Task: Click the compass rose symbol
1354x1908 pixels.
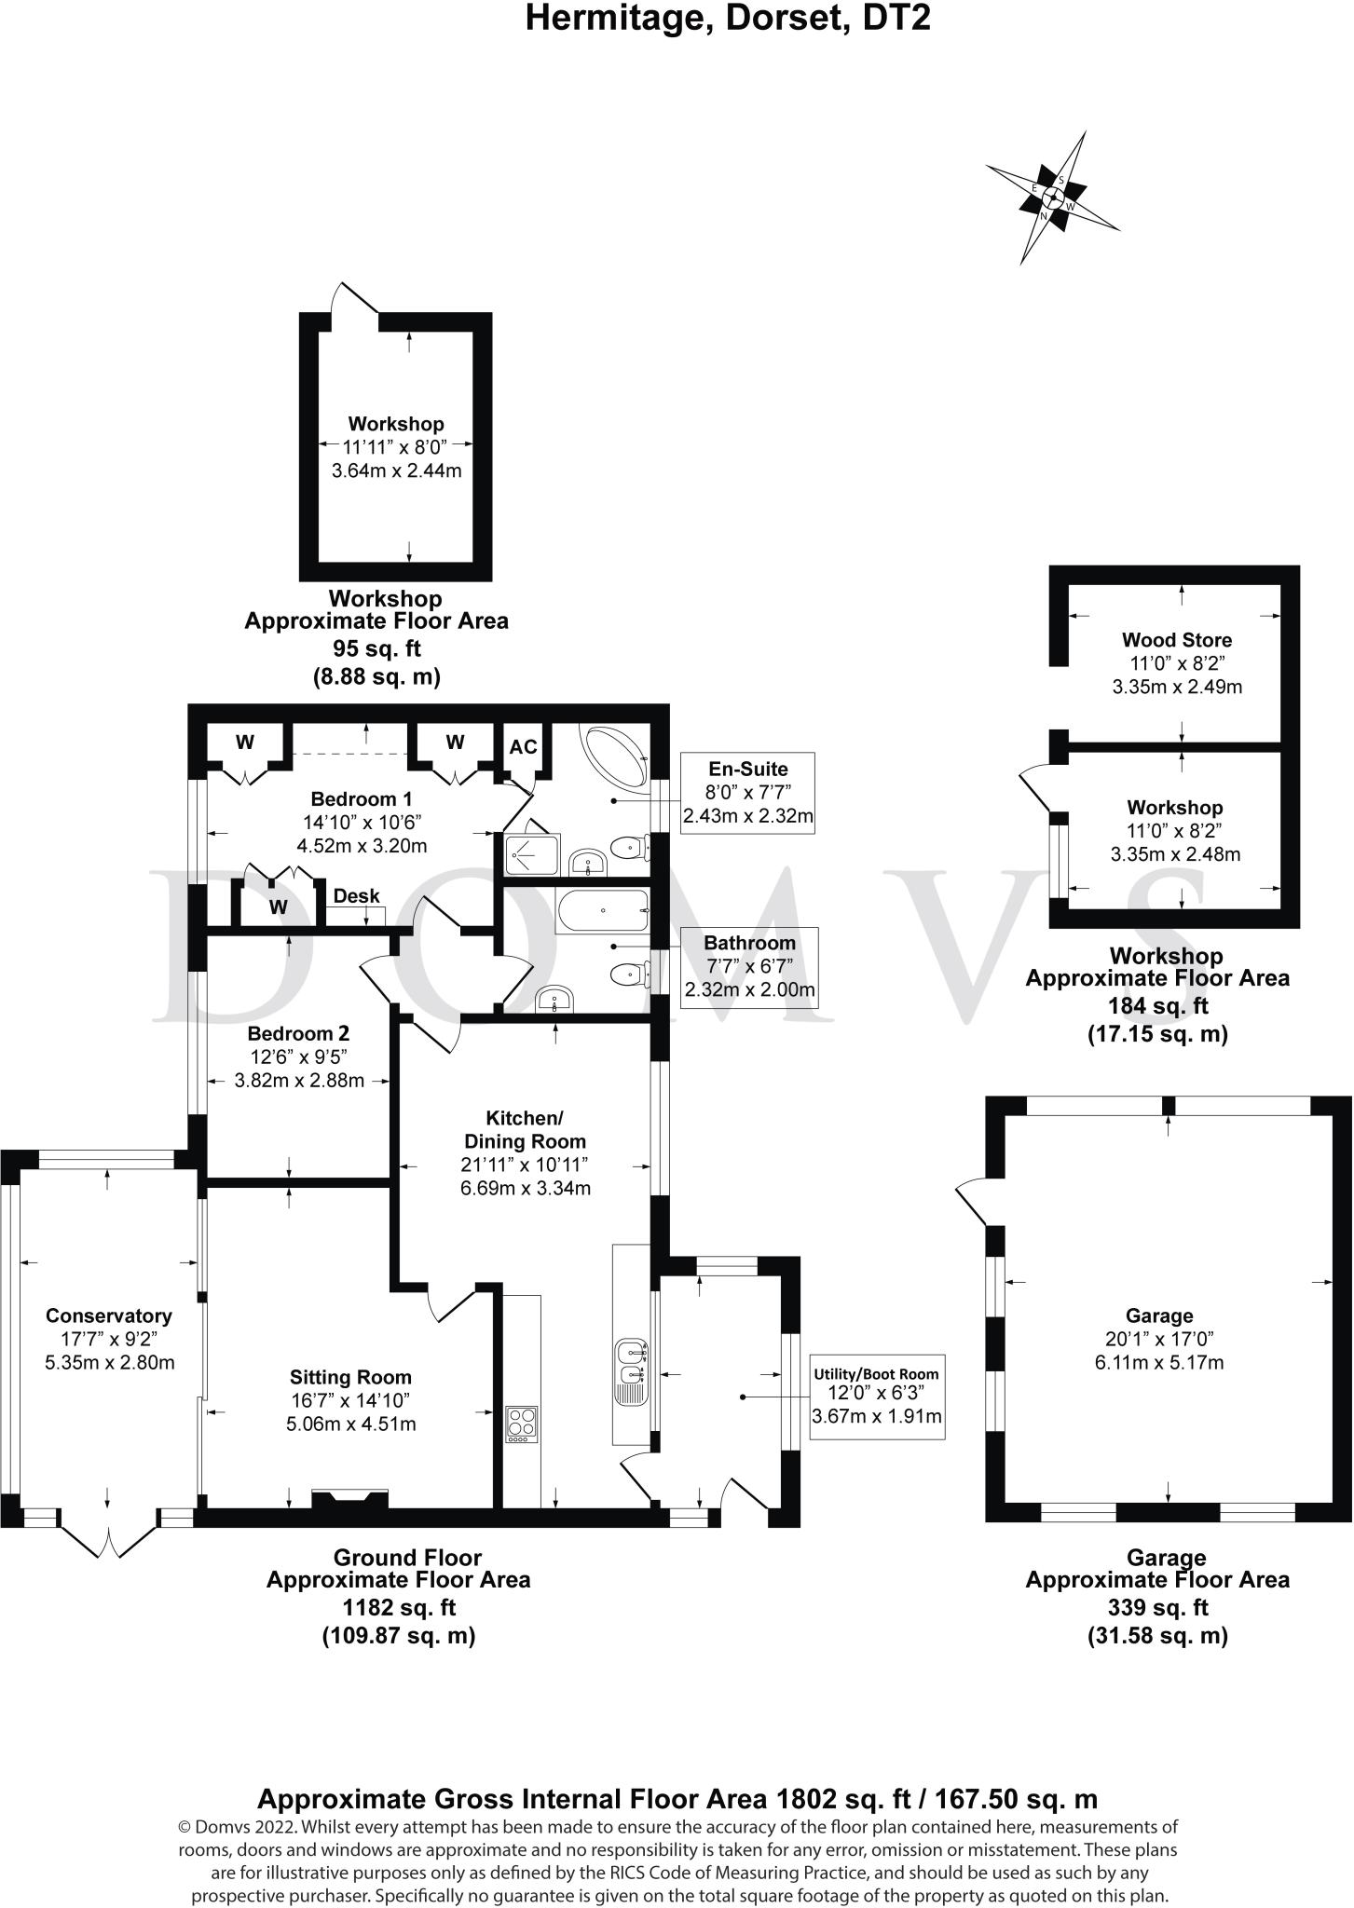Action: click(x=1053, y=197)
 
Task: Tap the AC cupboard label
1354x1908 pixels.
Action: click(x=523, y=747)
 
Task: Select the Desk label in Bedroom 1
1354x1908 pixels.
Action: click(x=357, y=895)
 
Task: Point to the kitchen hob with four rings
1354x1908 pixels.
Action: click(x=521, y=1424)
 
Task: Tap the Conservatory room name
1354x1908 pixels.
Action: click(x=109, y=1315)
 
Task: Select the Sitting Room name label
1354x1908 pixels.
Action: click(x=350, y=1377)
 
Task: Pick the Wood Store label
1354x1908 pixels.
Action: click(x=1177, y=640)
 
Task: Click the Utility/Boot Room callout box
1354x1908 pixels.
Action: click(x=876, y=1397)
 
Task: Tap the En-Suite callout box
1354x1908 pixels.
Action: click(x=747, y=793)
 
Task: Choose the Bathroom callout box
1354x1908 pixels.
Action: click(x=749, y=967)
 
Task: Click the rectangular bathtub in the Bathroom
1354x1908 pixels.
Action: click(x=602, y=910)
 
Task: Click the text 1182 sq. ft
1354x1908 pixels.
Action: click(x=398, y=1607)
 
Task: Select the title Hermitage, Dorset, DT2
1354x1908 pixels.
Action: click(x=728, y=18)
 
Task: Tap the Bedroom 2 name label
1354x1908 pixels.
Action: click(x=298, y=1033)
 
